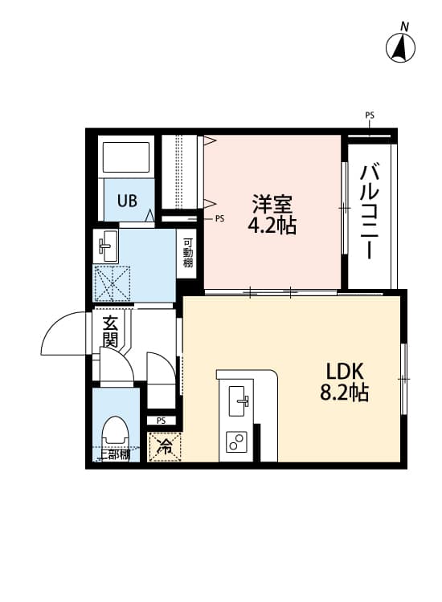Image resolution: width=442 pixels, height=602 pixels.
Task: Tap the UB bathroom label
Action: tap(128, 201)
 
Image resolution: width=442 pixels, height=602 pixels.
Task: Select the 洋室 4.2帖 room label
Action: tap(272, 214)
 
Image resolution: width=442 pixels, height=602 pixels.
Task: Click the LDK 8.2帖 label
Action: tap(346, 382)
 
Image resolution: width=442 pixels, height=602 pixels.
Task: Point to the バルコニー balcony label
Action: tap(370, 210)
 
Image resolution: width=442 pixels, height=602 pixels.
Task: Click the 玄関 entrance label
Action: tap(110, 331)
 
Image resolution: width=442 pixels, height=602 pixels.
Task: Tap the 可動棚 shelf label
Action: tap(187, 254)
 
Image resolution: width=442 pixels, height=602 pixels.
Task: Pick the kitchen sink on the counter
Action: tap(239, 401)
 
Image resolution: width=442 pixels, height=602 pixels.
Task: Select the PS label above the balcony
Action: tap(370, 116)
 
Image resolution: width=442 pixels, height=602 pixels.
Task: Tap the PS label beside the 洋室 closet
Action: tap(219, 218)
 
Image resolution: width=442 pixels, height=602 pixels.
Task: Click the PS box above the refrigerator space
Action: tap(161, 420)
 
